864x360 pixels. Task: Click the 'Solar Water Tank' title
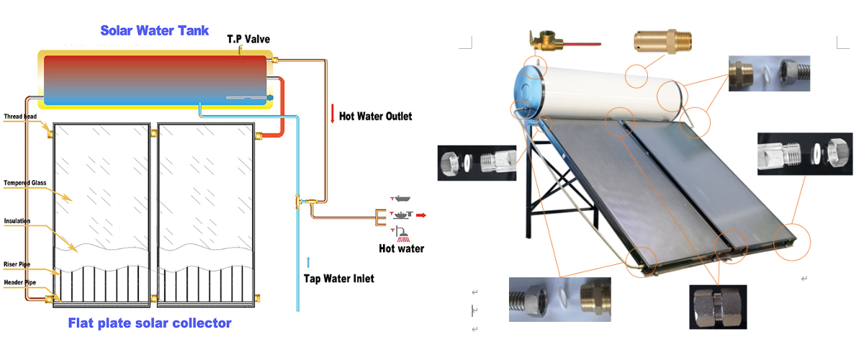click(154, 30)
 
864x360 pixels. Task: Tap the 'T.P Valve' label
click(248, 39)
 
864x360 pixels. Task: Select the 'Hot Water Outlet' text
click(375, 115)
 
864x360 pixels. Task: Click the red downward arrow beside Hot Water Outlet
click(333, 114)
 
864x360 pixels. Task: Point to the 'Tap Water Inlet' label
click(338, 278)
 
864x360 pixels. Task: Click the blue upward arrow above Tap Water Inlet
click(309, 261)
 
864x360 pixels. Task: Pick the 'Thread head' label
click(19, 116)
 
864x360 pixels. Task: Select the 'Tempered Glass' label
click(24, 183)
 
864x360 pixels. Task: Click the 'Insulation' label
click(17, 221)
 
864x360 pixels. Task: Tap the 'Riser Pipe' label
click(19, 264)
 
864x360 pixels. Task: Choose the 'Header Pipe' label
click(20, 282)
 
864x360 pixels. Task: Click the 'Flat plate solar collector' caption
click(150, 323)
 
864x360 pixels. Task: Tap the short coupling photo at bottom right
click(717, 307)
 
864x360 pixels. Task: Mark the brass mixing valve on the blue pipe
click(301, 203)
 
